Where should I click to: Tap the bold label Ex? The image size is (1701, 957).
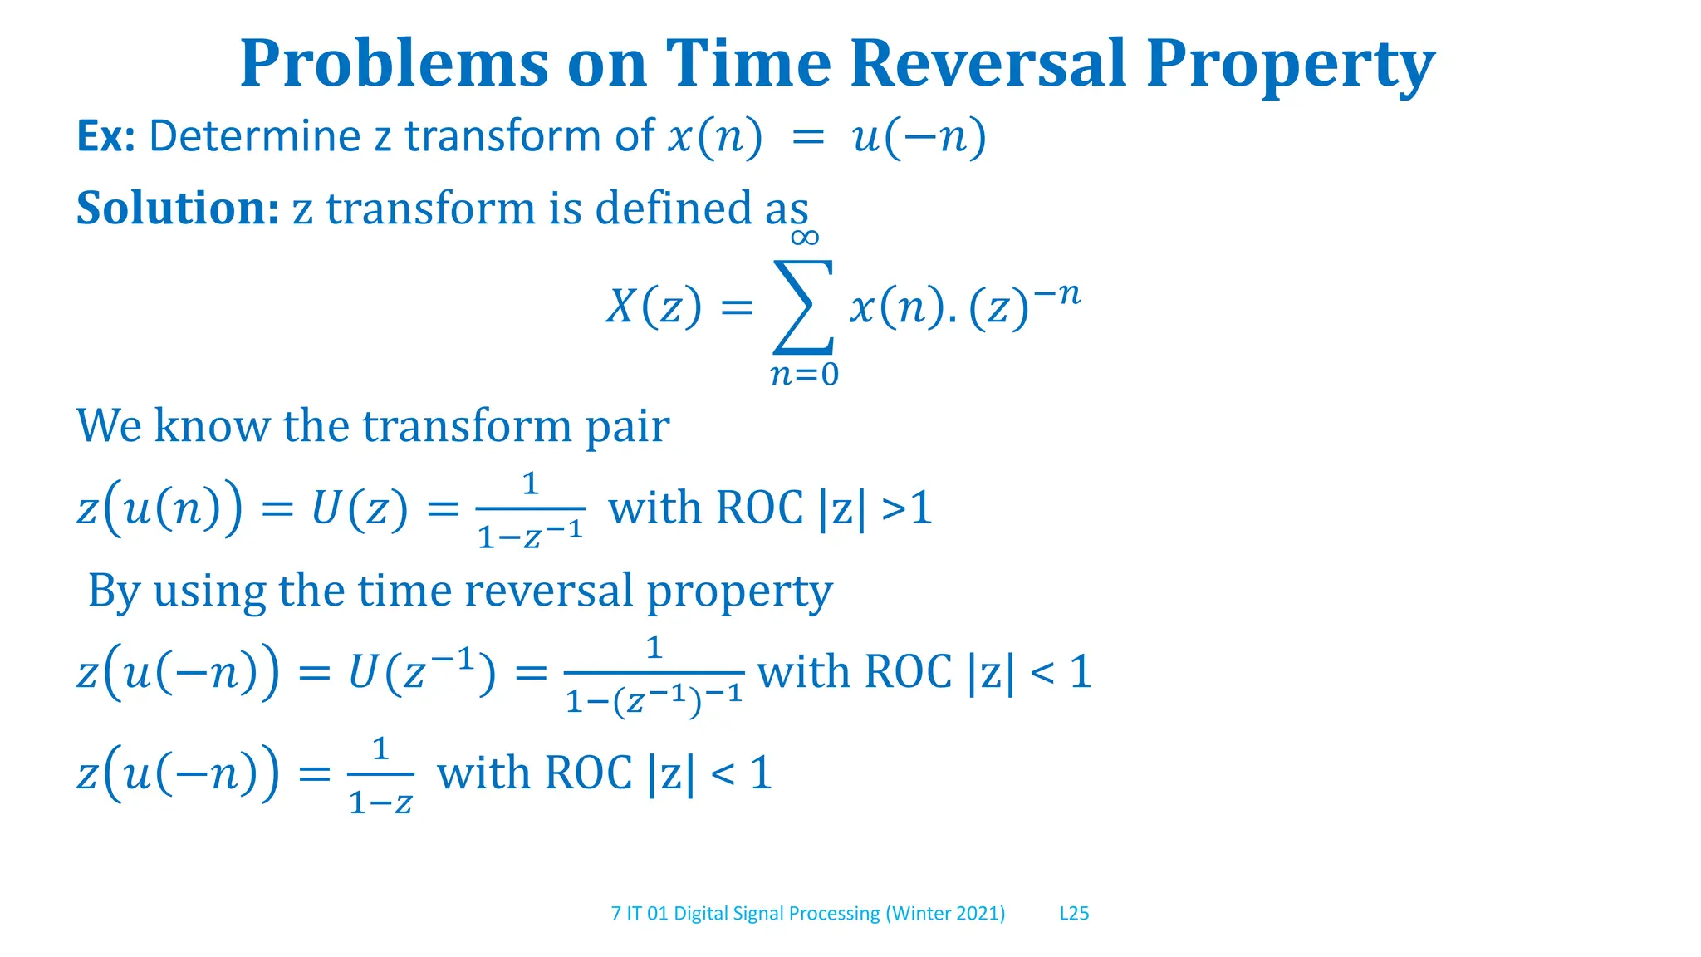[105, 136]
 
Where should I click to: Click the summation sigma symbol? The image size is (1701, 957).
[803, 306]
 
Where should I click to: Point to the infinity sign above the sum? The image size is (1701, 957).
[804, 238]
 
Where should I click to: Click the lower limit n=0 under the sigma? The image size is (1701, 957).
[804, 375]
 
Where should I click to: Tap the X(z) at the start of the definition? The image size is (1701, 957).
[654, 307]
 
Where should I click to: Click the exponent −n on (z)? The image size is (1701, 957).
[1057, 294]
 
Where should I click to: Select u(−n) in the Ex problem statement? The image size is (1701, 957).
[919, 136]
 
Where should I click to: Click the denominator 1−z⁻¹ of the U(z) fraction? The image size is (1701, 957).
[530, 535]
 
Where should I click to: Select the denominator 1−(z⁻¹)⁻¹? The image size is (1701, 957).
[654, 700]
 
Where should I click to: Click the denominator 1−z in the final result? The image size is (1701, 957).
[380, 802]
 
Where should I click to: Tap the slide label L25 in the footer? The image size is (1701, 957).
[1074, 913]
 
